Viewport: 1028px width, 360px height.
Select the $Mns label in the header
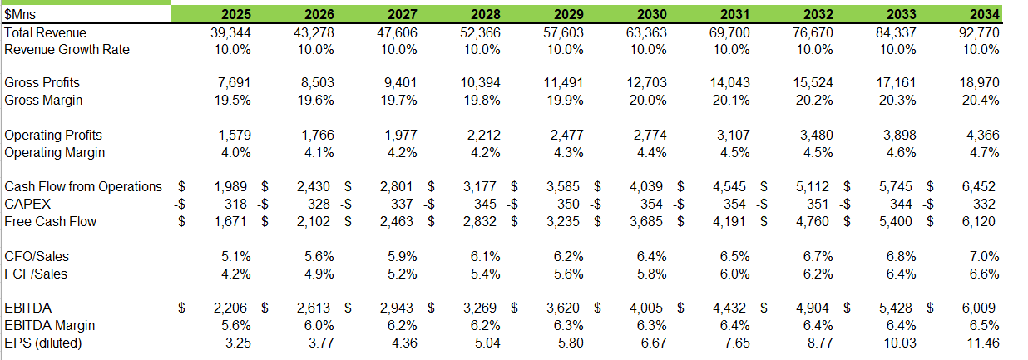(20, 14)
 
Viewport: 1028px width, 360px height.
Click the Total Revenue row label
(45, 32)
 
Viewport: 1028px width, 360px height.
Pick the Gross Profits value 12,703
(648, 83)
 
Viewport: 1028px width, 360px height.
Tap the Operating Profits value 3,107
(731, 135)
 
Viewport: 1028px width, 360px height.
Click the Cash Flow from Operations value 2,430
(315, 187)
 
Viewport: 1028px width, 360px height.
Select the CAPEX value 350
(571, 205)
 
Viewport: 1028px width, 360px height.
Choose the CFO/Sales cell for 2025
(234, 256)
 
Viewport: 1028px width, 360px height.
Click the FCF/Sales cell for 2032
(816, 274)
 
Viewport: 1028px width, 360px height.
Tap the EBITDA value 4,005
(648, 308)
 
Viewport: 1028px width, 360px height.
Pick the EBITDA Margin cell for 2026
(317, 325)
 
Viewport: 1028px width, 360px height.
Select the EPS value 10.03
(900, 343)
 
